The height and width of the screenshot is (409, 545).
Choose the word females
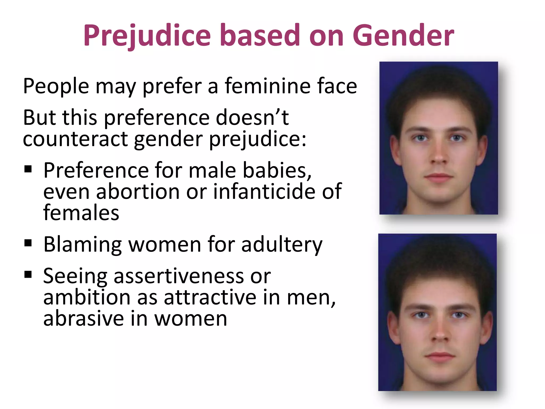(x=81, y=213)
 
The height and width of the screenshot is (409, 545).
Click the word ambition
(x=87, y=297)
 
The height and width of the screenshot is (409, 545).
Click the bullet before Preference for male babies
(x=28, y=169)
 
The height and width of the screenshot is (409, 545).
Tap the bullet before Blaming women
(x=28, y=243)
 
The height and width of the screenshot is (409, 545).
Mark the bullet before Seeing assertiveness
(x=28, y=274)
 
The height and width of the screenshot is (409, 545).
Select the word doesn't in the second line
(x=252, y=118)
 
